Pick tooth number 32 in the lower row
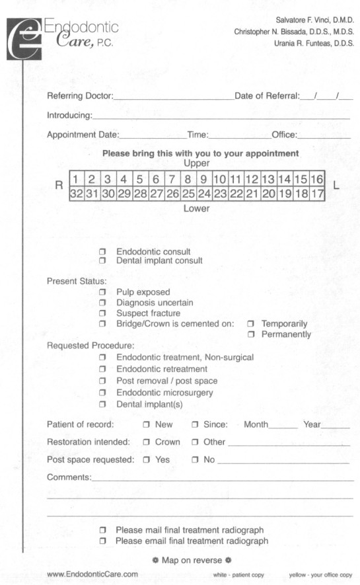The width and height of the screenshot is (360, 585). (77, 194)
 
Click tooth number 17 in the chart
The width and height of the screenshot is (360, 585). (316, 194)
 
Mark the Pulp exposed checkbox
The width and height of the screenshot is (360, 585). (102, 292)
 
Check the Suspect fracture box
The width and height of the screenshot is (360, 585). (102, 313)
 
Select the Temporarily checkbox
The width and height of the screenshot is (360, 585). (250, 324)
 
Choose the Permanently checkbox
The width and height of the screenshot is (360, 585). (250, 334)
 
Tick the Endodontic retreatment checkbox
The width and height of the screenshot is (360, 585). (102, 369)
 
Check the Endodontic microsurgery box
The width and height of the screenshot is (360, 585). (102, 393)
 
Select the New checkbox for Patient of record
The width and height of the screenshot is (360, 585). (146, 424)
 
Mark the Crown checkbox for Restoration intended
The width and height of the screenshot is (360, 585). (146, 442)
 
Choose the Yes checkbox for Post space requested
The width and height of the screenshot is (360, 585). (146, 459)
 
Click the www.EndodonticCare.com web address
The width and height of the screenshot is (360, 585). (92, 574)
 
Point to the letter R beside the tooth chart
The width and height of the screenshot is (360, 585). (57, 186)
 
